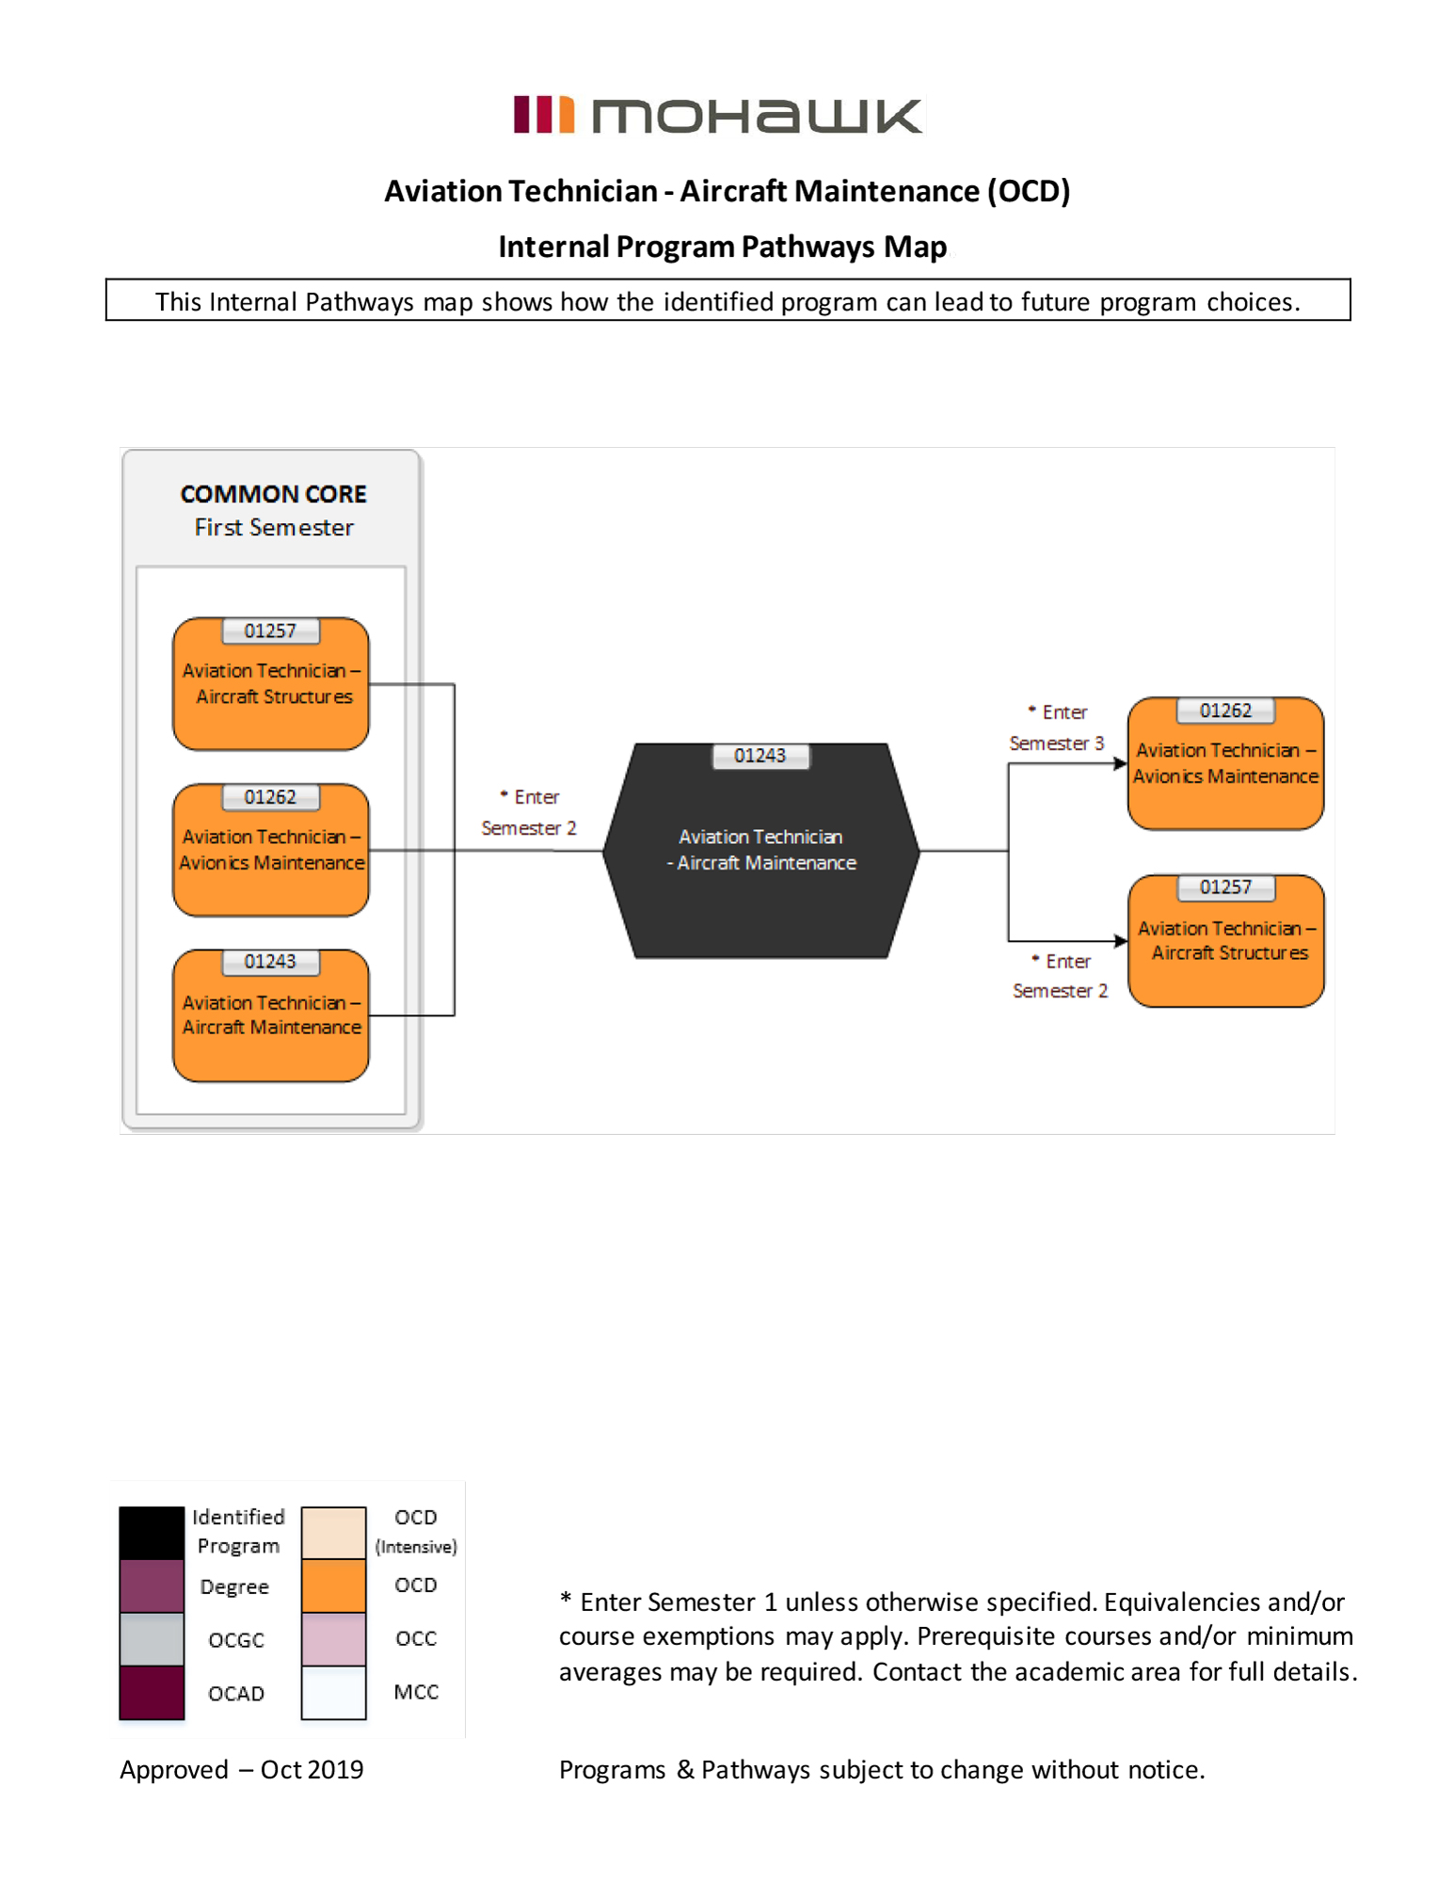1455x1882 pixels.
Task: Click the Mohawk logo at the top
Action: click(x=718, y=115)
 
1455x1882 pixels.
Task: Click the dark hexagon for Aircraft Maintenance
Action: click(x=760, y=851)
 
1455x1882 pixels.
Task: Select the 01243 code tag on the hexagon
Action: click(x=759, y=756)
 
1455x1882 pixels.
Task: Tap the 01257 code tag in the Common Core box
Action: click(x=270, y=630)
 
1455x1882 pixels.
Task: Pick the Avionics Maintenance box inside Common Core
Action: click(x=271, y=850)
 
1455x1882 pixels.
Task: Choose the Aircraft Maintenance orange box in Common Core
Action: click(x=271, y=1015)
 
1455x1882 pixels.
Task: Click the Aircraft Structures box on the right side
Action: click(x=1225, y=941)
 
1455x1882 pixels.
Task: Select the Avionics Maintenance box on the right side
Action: click(x=1225, y=763)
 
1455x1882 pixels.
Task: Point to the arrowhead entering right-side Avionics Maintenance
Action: click(x=1121, y=763)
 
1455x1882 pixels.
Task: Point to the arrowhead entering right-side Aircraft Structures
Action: click(x=1121, y=941)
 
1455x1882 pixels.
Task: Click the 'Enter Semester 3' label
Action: click(x=1057, y=727)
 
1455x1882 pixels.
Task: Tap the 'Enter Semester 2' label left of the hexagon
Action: click(x=529, y=812)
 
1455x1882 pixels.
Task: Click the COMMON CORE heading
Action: click(x=274, y=494)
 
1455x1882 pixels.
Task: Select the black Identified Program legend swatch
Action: click(x=152, y=1533)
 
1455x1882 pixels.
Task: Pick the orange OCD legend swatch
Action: click(x=333, y=1587)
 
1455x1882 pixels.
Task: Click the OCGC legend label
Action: click(x=236, y=1640)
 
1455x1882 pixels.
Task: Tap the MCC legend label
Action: click(x=416, y=1692)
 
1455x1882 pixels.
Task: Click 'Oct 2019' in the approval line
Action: click(x=312, y=1770)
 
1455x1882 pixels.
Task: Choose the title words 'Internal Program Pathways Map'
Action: click(x=723, y=247)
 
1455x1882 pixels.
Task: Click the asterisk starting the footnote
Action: click(x=566, y=1598)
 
